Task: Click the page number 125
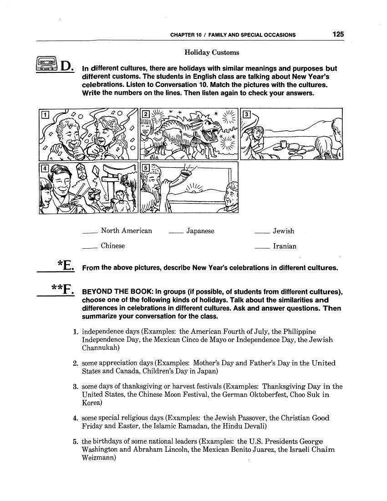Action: click(338, 34)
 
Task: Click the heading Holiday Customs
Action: click(212, 53)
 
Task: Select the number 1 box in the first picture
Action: click(45, 114)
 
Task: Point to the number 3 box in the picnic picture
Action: click(246, 114)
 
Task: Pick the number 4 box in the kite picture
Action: click(45, 168)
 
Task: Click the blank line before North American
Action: click(90, 233)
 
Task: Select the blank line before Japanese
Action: click(175, 233)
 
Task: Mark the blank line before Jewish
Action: click(262, 233)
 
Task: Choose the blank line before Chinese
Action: click(90, 248)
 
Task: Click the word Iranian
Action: click(285, 246)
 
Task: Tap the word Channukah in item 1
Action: click(100, 348)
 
